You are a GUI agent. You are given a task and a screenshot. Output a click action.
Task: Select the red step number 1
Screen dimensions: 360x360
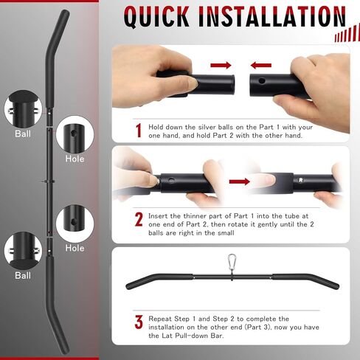tap(138, 131)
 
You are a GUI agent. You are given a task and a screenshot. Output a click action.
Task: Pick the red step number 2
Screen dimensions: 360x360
tap(138, 219)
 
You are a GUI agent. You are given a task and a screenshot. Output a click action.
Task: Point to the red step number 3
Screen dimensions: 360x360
tap(138, 322)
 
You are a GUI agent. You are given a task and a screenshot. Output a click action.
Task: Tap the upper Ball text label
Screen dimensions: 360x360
tap(23, 134)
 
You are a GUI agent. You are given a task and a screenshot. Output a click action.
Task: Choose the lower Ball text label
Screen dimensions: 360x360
tap(23, 275)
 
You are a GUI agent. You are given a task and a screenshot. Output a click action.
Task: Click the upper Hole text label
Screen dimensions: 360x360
tap(75, 159)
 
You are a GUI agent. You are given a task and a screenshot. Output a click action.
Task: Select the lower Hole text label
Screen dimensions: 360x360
tap(75, 248)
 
